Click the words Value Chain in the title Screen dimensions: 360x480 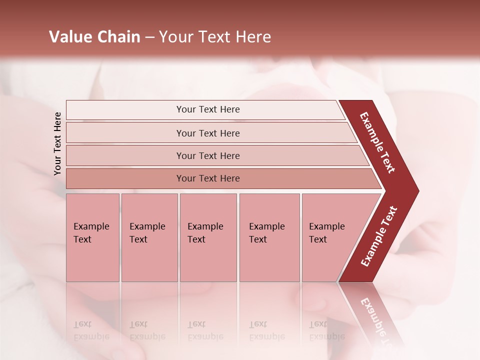pos(94,37)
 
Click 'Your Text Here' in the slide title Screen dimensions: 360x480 pos(215,37)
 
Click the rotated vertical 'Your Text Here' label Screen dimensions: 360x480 pos(57,143)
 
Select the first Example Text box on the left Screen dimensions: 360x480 pos(92,237)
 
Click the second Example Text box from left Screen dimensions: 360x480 pos(149,237)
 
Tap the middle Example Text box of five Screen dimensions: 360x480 pos(208,237)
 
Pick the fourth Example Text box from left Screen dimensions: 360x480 pos(269,237)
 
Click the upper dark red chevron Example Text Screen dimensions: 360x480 pos(378,142)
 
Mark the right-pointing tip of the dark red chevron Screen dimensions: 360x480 pos(417,191)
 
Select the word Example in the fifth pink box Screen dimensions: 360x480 pos(327,226)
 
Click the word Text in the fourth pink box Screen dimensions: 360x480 pos(258,239)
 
